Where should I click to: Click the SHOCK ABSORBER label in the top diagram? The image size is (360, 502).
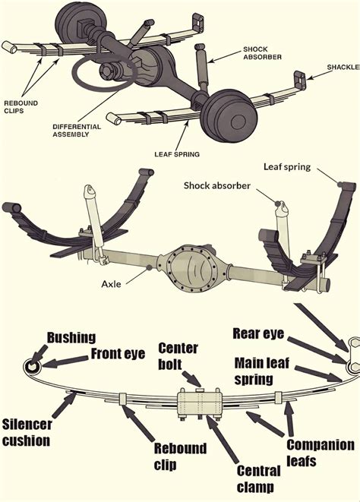(x=262, y=53)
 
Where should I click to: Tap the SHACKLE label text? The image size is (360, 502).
(x=343, y=68)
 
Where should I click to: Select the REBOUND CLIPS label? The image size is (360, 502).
(x=21, y=107)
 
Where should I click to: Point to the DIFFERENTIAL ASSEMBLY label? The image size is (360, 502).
(x=77, y=131)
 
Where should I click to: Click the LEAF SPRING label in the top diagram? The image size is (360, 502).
(x=177, y=154)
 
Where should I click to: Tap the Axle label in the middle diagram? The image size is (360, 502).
(x=111, y=284)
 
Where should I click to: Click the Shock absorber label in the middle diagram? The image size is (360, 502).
(x=216, y=186)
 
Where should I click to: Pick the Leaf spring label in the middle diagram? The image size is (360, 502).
(x=287, y=167)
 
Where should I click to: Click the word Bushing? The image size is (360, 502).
(x=71, y=338)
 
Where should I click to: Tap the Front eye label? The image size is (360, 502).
(x=118, y=354)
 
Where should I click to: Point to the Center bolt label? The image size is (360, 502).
(x=178, y=356)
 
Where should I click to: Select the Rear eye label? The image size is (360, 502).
(x=258, y=333)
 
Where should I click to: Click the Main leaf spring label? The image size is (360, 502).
(x=262, y=371)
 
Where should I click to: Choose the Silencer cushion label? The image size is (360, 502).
(x=27, y=433)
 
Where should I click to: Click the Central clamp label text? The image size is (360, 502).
(x=259, y=479)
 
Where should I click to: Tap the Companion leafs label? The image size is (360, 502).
(x=321, y=453)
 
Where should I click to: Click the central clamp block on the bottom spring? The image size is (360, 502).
(x=200, y=403)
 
